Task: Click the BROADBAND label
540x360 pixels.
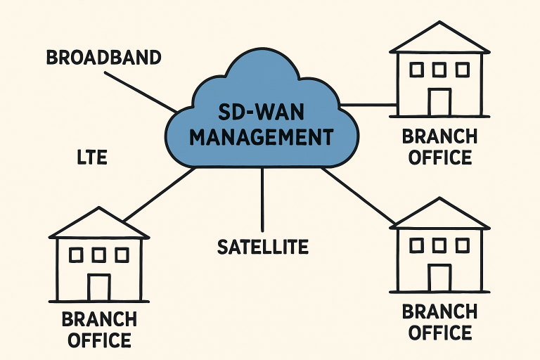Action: pyautogui.click(x=103, y=57)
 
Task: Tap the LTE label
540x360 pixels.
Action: pyautogui.click(x=91, y=157)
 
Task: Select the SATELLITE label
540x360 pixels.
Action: pyautogui.click(x=263, y=246)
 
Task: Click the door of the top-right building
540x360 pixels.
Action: pyautogui.click(x=439, y=103)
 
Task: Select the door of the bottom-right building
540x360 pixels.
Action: pyautogui.click(x=439, y=278)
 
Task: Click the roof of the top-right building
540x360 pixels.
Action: pyautogui.click(x=439, y=39)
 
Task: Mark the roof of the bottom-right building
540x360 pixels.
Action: pyautogui.click(x=439, y=215)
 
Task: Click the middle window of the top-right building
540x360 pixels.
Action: pyautogui.click(x=439, y=70)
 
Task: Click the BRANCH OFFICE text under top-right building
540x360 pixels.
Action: pyautogui.click(x=439, y=146)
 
